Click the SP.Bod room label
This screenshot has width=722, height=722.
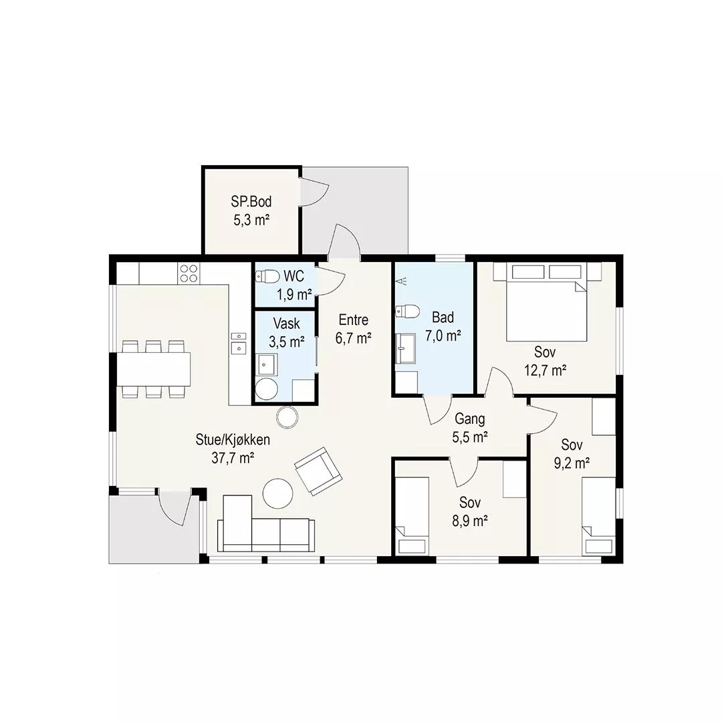pyautogui.click(x=251, y=202)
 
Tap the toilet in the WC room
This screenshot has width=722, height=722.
pyautogui.click(x=267, y=276)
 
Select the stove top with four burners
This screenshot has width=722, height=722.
pyautogui.click(x=189, y=273)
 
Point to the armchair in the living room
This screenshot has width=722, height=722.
pyautogui.click(x=318, y=471)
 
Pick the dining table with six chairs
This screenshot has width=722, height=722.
pyautogui.click(x=153, y=369)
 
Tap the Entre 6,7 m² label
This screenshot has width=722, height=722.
pyautogui.click(x=354, y=329)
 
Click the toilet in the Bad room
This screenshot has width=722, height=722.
pyautogui.click(x=408, y=312)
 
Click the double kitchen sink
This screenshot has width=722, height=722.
pyautogui.click(x=239, y=343)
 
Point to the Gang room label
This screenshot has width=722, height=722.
pyautogui.click(x=470, y=418)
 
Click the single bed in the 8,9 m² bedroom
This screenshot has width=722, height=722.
pyautogui.click(x=412, y=515)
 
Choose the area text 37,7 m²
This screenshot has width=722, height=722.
pyautogui.click(x=233, y=458)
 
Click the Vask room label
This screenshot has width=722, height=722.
pyautogui.click(x=286, y=324)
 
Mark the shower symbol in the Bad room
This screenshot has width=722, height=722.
pyautogui.click(x=401, y=280)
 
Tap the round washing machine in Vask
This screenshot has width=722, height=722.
pyautogui.click(x=267, y=389)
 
